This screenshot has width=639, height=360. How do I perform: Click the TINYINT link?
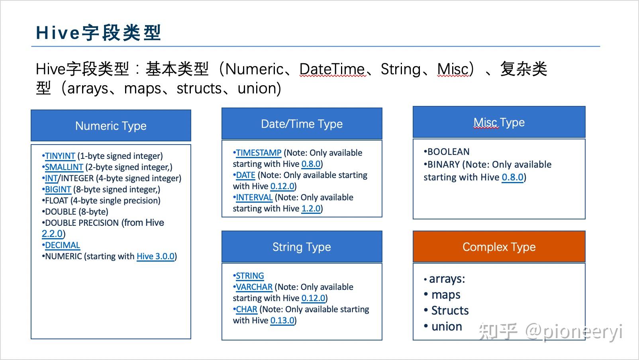[60, 156]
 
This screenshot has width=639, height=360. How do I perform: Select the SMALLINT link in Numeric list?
[64, 167]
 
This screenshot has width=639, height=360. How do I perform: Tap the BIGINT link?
[58, 190]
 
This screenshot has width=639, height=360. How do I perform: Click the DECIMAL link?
[62, 245]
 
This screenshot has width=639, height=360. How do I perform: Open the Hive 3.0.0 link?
[155, 256]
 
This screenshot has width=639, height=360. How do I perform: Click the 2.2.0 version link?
[52, 234]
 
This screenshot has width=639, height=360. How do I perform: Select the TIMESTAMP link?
[259, 153]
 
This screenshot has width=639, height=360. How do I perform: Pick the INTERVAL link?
[254, 198]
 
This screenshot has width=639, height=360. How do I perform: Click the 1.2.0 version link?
[311, 209]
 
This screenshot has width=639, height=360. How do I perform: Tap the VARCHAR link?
[254, 287]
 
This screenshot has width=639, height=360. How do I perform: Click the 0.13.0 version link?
[282, 321]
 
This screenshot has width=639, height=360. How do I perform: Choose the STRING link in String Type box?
[250, 276]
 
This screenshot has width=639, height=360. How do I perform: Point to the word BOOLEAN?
[448, 152]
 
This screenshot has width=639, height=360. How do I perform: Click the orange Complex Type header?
[499, 247]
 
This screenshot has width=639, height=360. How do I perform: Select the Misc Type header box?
[499, 122]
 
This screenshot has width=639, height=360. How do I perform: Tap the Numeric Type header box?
[111, 126]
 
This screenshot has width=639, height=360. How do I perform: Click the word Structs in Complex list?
[450, 311]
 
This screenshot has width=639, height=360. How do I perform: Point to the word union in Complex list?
[447, 327]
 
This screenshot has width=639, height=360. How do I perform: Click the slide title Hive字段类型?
[98, 33]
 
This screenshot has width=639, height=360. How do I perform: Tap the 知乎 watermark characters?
[498, 331]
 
